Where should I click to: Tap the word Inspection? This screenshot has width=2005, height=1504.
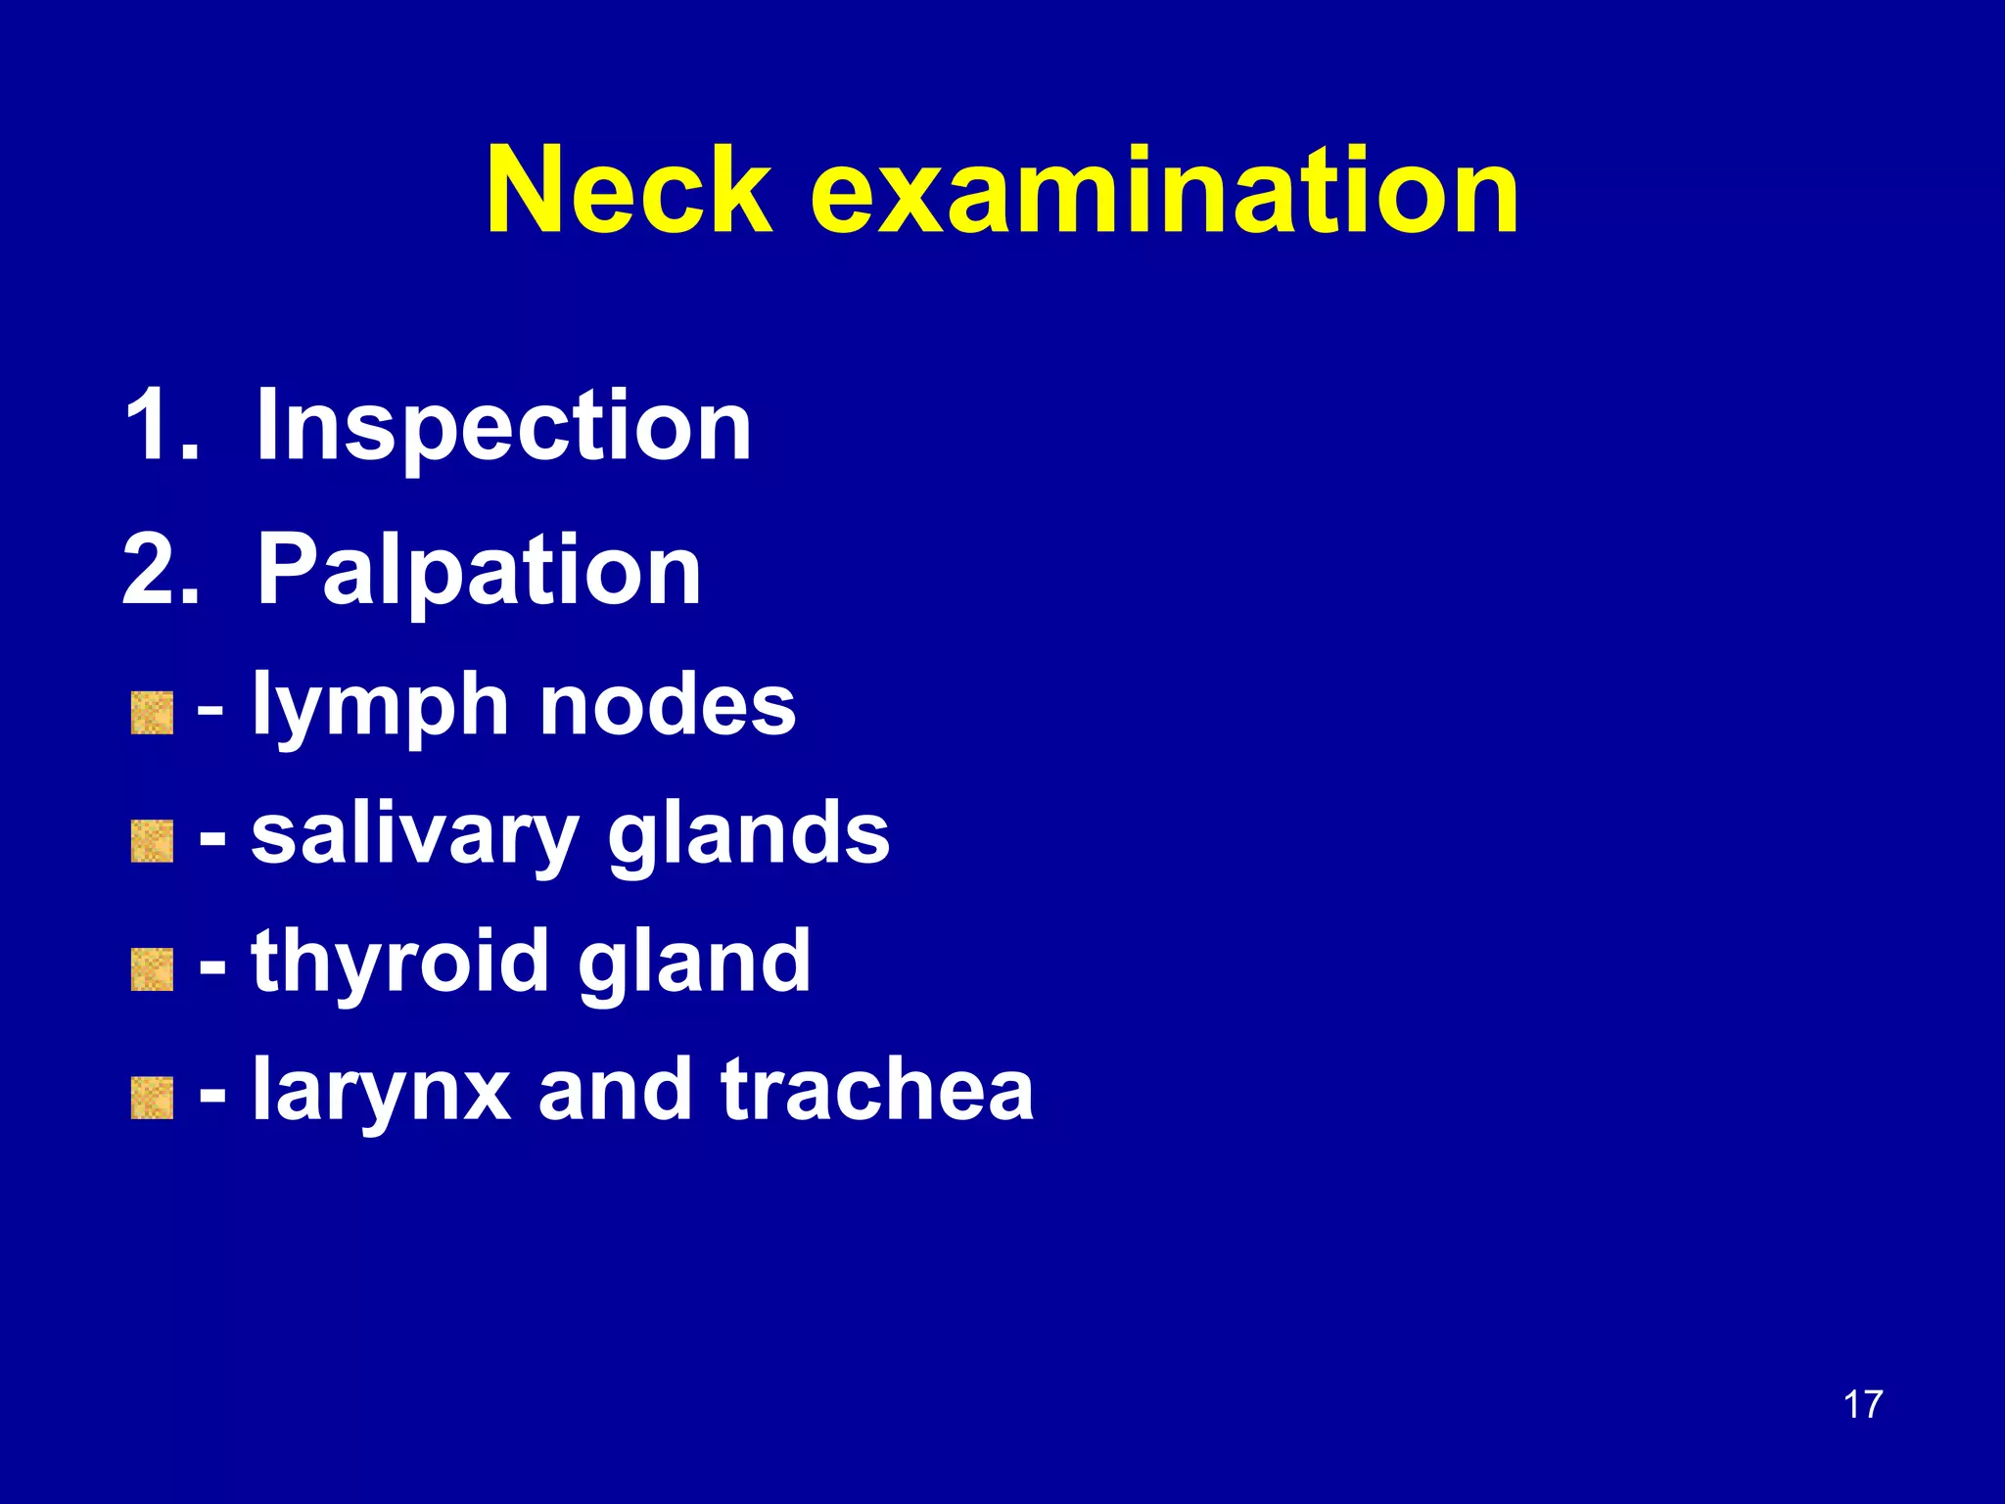503,427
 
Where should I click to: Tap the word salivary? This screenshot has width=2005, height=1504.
415,836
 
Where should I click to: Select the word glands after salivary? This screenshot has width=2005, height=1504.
749,836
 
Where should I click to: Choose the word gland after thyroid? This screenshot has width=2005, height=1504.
694,963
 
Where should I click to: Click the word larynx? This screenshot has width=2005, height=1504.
382,1093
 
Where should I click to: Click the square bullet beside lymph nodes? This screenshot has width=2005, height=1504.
152,713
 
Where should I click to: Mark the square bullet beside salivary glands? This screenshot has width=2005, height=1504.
152,841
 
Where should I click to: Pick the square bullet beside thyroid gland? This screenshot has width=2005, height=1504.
152,969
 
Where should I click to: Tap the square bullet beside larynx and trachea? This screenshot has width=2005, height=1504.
152,1098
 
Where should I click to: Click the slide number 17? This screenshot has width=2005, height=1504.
1862,1404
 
